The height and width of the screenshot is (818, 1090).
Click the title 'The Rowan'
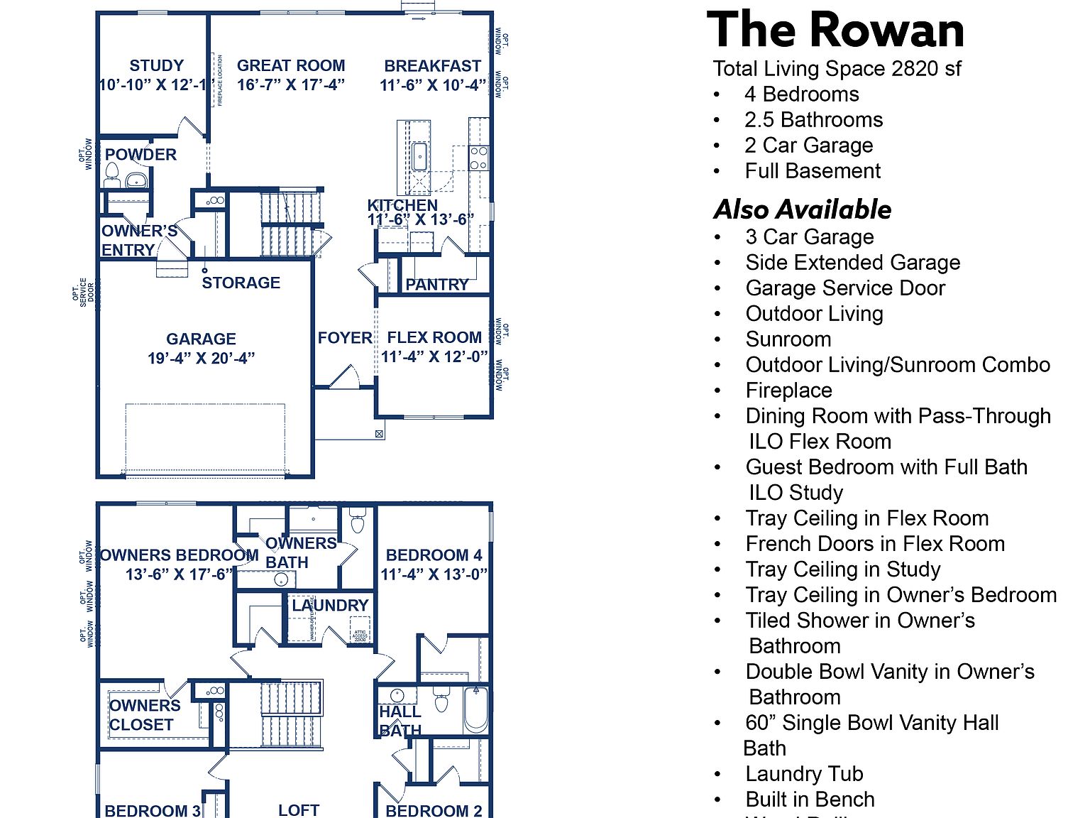point(836,31)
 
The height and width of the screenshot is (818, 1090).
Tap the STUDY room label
point(156,66)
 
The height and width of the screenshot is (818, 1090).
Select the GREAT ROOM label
point(291,66)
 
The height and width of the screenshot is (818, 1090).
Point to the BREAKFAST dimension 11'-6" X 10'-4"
point(433,85)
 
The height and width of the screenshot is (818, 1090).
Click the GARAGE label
point(201,339)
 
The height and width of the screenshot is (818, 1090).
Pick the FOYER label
point(345,338)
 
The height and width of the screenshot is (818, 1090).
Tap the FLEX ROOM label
point(434,337)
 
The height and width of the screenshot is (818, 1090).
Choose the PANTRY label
point(436,285)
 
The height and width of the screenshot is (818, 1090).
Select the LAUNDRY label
point(330,606)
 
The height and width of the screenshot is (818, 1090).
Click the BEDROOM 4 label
point(434,555)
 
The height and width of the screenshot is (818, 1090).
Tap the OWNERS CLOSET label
point(144,715)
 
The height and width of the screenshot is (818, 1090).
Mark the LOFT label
point(299,810)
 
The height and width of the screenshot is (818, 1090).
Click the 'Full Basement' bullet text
point(813,171)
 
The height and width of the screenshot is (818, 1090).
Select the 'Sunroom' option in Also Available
point(788,339)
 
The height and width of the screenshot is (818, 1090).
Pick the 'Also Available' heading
point(803,209)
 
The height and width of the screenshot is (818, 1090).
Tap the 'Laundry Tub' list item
point(804,774)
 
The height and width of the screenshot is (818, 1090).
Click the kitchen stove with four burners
point(478,158)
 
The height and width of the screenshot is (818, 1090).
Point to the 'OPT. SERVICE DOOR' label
point(83,293)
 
